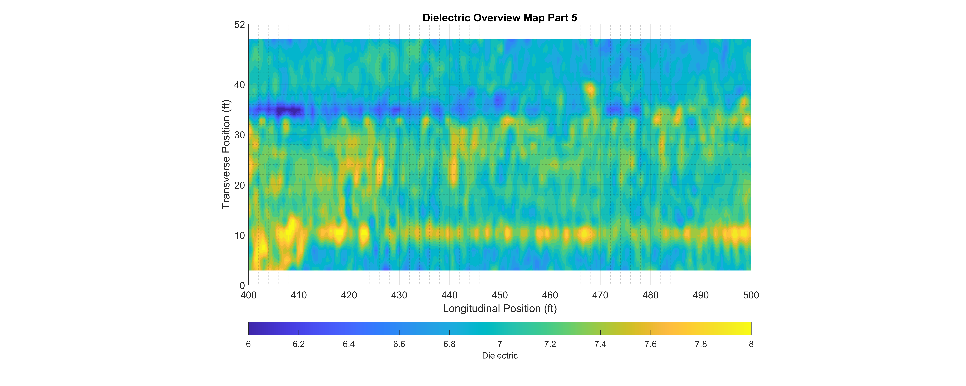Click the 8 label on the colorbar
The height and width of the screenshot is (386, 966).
coord(751,344)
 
